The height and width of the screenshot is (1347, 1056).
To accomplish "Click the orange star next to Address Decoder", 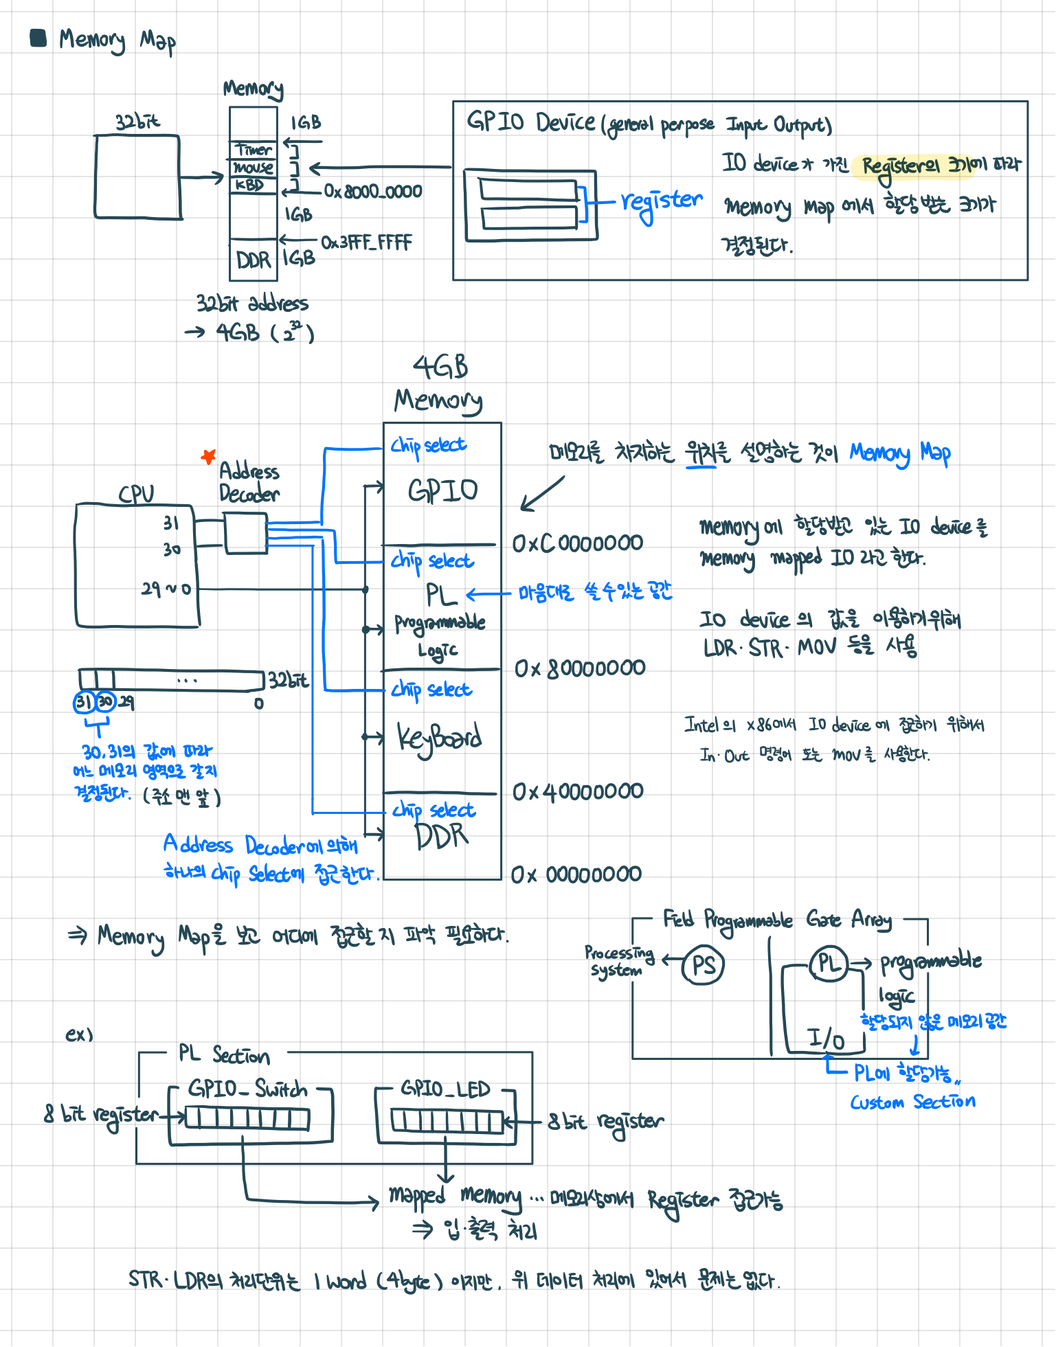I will [x=208, y=456].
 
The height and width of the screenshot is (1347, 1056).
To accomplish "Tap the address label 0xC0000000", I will [x=577, y=543].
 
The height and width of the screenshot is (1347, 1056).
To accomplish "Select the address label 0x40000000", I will [x=578, y=792].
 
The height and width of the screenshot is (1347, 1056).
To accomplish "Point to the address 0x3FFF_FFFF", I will [x=366, y=242].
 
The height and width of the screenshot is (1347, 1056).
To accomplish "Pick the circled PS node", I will [x=703, y=965].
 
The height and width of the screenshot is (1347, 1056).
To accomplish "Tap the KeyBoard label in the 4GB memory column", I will [x=440, y=738].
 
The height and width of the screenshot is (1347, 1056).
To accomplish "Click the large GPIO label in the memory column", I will [x=442, y=490].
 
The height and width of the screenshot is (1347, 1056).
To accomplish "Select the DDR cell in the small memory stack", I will [x=253, y=260].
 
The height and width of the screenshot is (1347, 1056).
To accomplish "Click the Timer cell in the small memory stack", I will [x=254, y=149].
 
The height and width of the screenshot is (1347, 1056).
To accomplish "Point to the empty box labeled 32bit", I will [x=137, y=177].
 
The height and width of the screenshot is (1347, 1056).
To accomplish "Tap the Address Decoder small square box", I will [x=245, y=533].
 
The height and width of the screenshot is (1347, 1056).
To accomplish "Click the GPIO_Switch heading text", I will [x=248, y=1089].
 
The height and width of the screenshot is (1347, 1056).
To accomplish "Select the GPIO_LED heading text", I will [x=445, y=1089].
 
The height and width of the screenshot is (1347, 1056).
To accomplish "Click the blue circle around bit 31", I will [x=84, y=702].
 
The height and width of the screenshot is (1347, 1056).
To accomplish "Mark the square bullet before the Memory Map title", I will [x=38, y=38].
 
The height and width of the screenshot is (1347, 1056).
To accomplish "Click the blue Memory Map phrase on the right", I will [x=900, y=453].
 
